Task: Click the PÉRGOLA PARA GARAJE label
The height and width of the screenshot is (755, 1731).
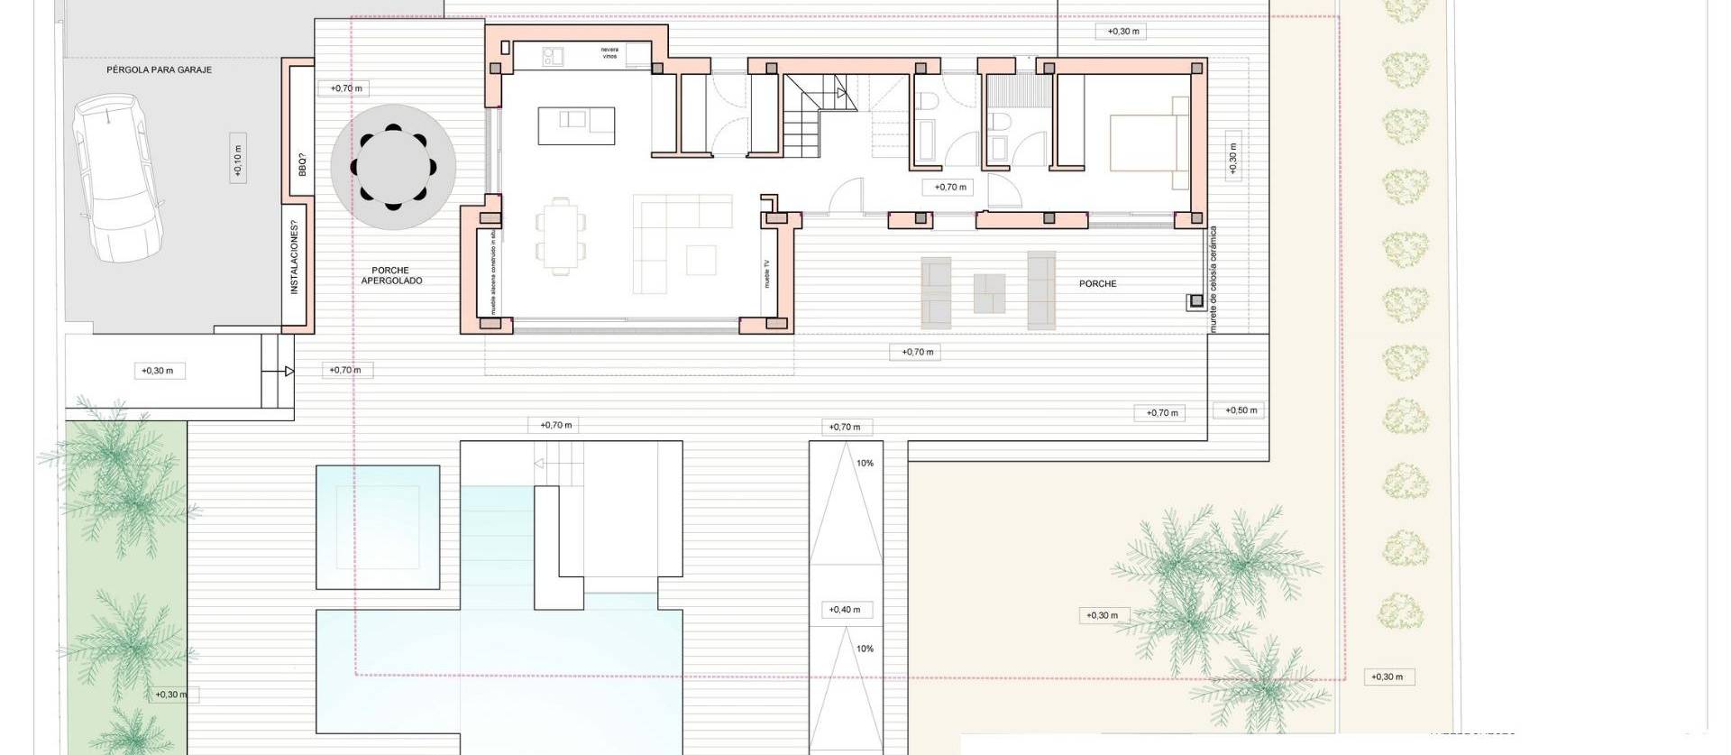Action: point(159,69)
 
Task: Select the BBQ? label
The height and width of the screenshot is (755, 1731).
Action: point(302,165)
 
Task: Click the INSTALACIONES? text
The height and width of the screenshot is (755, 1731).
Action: point(295,257)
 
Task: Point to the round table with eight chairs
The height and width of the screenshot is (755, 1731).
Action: point(392,168)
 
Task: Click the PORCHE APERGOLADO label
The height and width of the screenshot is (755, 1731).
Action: point(391,275)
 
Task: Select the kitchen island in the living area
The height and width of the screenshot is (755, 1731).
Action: point(577,125)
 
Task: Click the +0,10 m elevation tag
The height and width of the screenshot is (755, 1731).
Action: point(237,160)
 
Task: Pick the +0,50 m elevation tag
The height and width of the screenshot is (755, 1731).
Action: point(1241,410)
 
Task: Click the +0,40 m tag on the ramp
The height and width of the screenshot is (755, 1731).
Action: point(845,610)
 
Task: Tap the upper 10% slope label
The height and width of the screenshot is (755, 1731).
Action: point(865,464)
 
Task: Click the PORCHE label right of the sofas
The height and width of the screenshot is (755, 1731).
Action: point(1097,283)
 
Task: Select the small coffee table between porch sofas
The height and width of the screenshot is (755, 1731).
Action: point(990,293)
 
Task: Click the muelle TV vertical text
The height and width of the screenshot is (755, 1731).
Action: point(767,273)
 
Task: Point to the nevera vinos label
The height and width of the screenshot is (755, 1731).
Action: point(609,52)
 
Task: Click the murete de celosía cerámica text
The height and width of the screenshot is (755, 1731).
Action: point(1214,280)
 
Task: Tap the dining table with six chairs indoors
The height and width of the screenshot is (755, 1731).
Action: point(561,235)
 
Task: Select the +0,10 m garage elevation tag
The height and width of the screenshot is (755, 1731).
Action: point(237,160)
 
